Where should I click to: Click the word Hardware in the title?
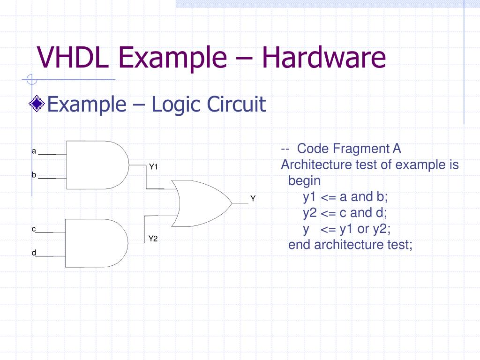[x=324, y=57]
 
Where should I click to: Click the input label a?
[x=34, y=151]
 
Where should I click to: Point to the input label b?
[x=34, y=175]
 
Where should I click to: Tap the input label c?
[x=34, y=229]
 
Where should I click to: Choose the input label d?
[x=34, y=253]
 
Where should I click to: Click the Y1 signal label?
[x=154, y=166]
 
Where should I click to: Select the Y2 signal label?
[x=153, y=239]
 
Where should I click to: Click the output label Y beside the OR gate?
[x=253, y=198]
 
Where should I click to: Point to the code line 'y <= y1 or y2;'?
[x=347, y=229]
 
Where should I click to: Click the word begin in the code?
[x=304, y=181]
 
